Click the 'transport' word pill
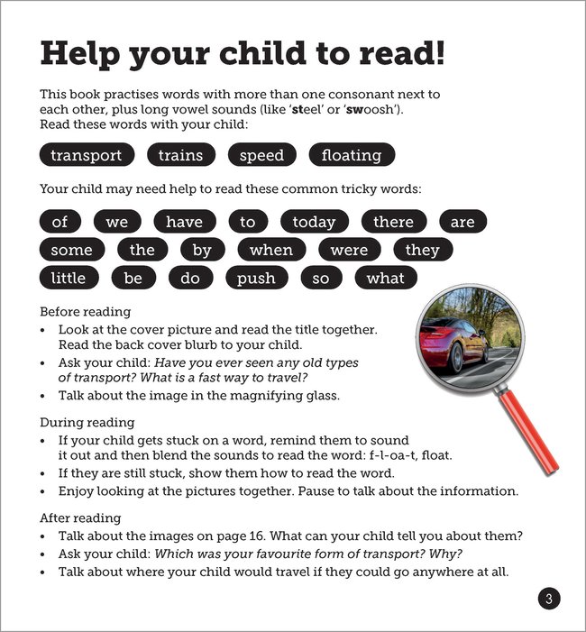point(87,155)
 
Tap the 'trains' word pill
point(180,155)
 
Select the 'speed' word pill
point(261,155)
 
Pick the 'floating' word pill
point(352,155)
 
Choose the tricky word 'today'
point(314,222)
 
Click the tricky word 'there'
point(393,222)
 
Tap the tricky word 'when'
point(271,250)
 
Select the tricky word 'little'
point(68,278)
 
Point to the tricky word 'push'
point(256,278)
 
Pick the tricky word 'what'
point(385,278)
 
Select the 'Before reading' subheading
point(86,312)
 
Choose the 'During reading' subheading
point(87,422)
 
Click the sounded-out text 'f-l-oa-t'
point(407,455)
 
